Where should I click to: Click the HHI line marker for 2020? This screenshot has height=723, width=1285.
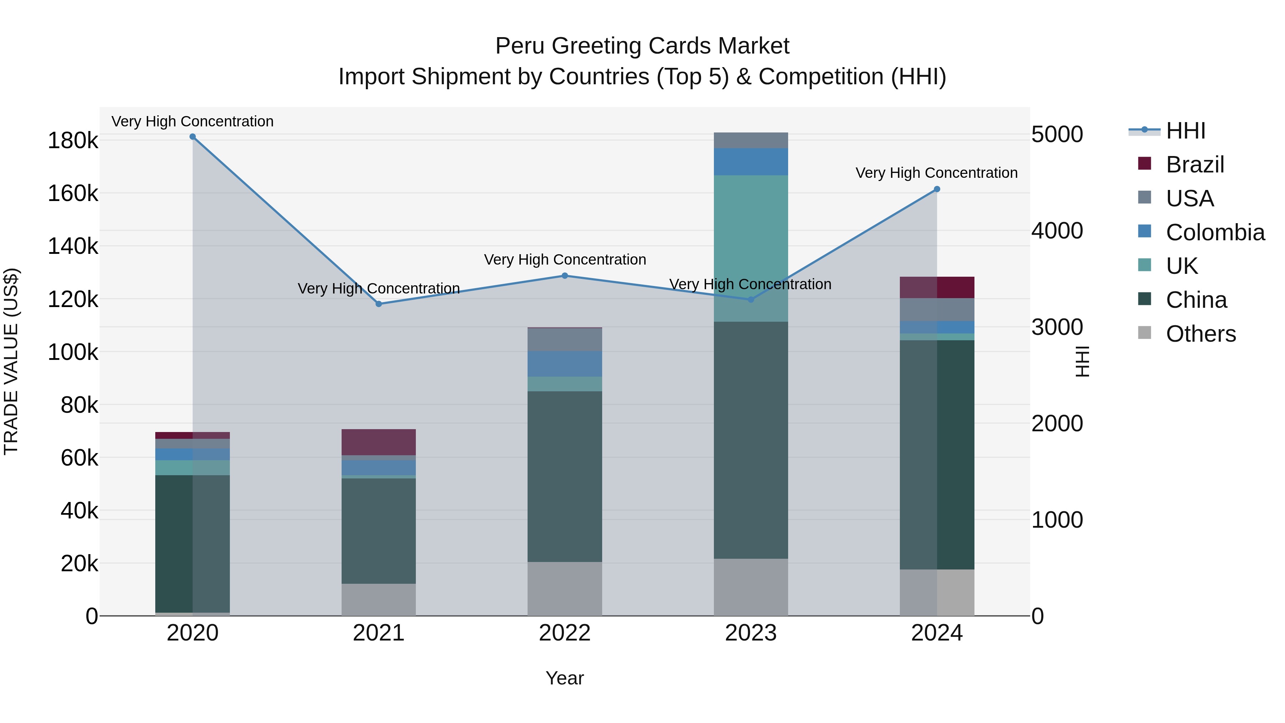pyautogui.click(x=192, y=137)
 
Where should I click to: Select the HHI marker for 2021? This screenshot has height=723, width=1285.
pyautogui.click(x=379, y=304)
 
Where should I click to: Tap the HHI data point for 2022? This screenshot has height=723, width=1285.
pyautogui.click(x=565, y=275)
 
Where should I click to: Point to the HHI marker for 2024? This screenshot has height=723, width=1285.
pyautogui.click(x=937, y=189)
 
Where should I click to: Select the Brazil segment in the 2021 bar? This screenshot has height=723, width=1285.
pyautogui.click(x=379, y=442)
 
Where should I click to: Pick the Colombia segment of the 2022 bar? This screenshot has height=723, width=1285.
pyautogui.click(x=565, y=364)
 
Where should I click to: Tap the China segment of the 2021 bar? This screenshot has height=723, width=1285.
pyautogui.click(x=379, y=531)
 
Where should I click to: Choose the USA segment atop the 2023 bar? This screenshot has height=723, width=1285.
pyautogui.click(x=751, y=140)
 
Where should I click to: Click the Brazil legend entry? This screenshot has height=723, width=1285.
pyautogui.click(x=1194, y=165)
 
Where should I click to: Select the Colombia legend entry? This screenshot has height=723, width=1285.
pyautogui.click(x=1214, y=232)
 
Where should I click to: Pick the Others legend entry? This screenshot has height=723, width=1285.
pyautogui.click(x=1200, y=334)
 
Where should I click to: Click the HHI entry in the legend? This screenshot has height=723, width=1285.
pyautogui.click(x=1185, y=131)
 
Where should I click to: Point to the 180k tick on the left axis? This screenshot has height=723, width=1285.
pyautogui.click(x=73, y=141)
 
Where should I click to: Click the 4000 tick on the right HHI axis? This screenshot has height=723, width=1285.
pyautogui.click(x=1057, y=231)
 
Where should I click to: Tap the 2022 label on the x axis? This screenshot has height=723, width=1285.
pyautogui.click(x=565, y=633)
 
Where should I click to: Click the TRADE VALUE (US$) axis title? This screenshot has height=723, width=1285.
pyautogui.click(x=11, y=361)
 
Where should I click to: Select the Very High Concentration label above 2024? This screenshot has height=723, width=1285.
pyautogui.click(x=936, y=173)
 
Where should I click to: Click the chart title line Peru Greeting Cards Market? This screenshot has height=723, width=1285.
pyautogui.click(x=642, y=46)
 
